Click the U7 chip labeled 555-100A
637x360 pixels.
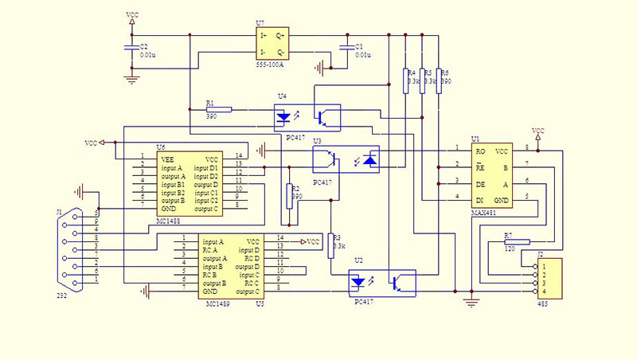click(x=272, y=43)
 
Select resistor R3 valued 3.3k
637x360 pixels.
click(x=329, y=245)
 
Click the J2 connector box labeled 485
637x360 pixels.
click(x=547, y=278)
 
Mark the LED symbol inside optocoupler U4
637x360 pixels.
click(x=283, y=117)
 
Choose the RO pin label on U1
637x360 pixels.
click(x=480, y=151)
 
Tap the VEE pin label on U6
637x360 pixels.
click(x=167, y=158)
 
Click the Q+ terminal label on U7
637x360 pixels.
click(x=280, y=36)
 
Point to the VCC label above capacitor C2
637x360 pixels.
click(x=131, y=15)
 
